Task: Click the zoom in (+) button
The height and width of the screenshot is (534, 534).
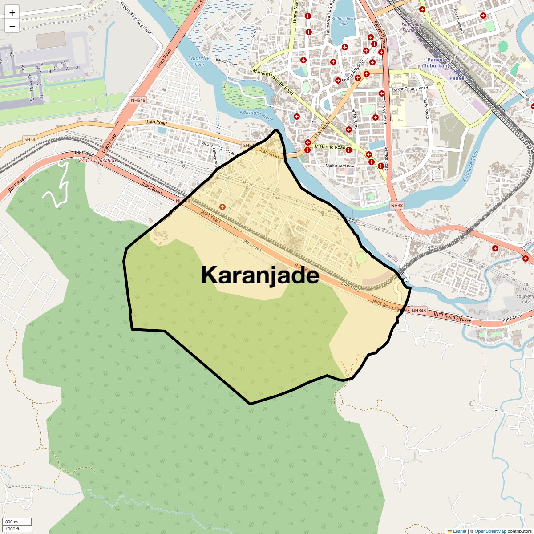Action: pos(12,13)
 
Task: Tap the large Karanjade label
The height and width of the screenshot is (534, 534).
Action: pos(260,275)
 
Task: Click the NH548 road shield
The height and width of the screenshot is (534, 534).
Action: pos(138,100)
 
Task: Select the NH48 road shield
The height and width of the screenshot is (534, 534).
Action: pos(396,205)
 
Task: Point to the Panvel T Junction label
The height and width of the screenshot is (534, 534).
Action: pos(97,161)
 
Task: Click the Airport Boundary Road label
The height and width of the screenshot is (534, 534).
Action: pos(135,18)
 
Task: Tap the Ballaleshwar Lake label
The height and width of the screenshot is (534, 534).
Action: pos(344,21)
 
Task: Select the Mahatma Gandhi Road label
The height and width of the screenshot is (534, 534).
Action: pos(273,81)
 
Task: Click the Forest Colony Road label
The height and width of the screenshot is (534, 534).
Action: pos(409,89)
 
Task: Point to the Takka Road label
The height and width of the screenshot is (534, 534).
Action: pos(426,108)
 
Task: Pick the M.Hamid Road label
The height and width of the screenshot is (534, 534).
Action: pos(330,146)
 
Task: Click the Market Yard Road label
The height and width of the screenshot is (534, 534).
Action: pos(340,166)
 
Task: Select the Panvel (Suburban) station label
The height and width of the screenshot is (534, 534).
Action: pos(436,63)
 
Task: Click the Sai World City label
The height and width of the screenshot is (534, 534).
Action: pos(525,299)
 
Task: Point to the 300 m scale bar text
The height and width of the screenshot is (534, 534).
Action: pos(12,522)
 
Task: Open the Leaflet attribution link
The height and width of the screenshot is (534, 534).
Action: pos(459,531)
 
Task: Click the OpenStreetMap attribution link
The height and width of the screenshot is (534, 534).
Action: pos(490,531)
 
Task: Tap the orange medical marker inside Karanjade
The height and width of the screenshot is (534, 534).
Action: pos(222,206)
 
